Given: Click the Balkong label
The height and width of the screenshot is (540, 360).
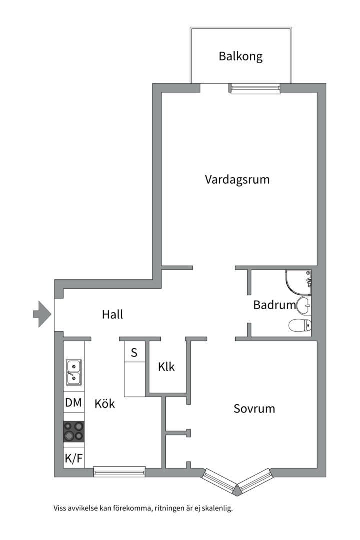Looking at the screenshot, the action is point(241,56).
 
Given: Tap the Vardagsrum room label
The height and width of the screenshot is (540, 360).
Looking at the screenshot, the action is point(237,180).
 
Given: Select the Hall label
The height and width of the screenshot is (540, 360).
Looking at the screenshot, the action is point(112,314).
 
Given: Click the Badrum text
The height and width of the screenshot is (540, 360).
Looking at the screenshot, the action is point(274,305).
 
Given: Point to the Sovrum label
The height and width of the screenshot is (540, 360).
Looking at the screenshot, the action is point(254,409).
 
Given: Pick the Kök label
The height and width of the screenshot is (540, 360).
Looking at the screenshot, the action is point(104,403).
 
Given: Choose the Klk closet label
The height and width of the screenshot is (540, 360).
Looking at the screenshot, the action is point(166,367).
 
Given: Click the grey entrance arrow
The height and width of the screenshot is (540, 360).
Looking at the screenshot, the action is point(42,314).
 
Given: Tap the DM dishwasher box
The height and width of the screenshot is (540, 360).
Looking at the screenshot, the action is point(73,402).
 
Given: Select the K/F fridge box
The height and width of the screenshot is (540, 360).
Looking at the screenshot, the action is point(73,458).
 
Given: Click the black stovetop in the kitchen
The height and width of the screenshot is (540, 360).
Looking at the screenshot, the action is point(73,432).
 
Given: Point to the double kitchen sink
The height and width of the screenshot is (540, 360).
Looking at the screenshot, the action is point(74,372).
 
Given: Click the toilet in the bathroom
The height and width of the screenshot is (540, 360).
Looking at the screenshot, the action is point(300,325).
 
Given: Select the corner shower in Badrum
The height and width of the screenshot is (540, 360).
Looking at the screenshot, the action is point(298,283).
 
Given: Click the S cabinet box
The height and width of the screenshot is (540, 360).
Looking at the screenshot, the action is point(134,352).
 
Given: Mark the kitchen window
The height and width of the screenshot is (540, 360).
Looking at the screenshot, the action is point(119,471).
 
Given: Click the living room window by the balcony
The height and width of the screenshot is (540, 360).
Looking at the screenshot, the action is point(255,89).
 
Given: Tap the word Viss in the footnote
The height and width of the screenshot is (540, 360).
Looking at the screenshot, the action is point(60,508).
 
